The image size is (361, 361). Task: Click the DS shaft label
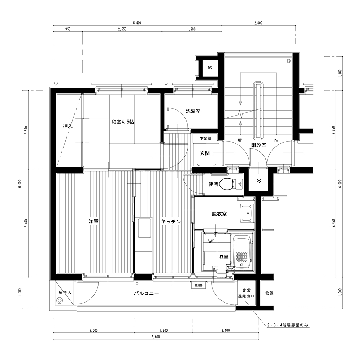[210, 68]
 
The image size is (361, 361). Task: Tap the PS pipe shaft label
[259, 182]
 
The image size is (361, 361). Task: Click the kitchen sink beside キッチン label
[144, 228]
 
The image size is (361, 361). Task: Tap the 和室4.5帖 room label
[122, 122]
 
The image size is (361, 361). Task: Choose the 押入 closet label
[68, 126]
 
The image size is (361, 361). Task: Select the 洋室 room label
[93, 222]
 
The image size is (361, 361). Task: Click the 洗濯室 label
[193, 111]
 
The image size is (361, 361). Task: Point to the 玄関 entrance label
[205, 153]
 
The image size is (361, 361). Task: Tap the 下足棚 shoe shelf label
[205, 139]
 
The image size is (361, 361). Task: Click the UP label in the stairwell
[240, 140]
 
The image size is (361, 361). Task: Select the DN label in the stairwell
[276, 141]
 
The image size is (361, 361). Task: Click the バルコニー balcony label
[147, 293]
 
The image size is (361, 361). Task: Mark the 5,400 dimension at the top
[137, 23]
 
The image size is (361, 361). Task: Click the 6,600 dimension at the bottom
[156, 337]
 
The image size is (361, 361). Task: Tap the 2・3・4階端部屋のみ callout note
[288, 325]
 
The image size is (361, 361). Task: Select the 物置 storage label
[269, 293]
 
